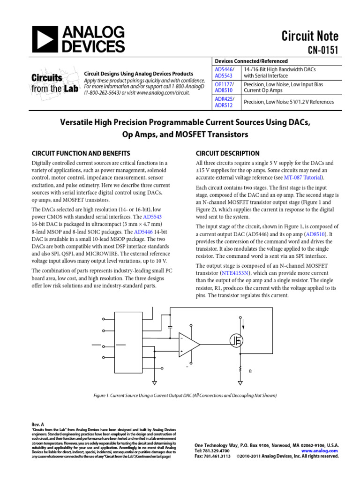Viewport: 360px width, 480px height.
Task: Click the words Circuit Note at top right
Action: tap(309, 36)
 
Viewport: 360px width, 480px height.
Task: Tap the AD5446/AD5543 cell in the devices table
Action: tap(224, 73)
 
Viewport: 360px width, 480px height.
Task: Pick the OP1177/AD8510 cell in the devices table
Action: tap(225, 88)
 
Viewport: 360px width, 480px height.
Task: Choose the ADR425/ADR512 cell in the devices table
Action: tap(225, 102)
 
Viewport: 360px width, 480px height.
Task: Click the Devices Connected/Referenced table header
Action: tap(251, 61)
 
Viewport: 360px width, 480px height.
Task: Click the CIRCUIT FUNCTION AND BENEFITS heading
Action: tap(81, 153)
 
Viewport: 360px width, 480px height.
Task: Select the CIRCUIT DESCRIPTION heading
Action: tap(227, 153)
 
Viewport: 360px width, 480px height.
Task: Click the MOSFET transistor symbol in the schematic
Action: tap(237, 340)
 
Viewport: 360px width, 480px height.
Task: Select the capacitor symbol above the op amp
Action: tap(170, 325)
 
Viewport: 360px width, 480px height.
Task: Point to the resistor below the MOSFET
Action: tap(240, 370)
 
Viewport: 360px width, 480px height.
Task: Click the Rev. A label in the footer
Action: tap(37, 424)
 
